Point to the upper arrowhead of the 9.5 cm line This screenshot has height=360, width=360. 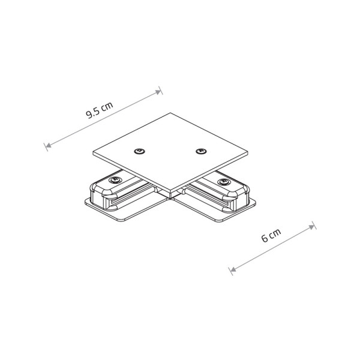point(159,92)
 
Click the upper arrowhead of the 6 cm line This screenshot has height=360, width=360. point(313,226)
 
